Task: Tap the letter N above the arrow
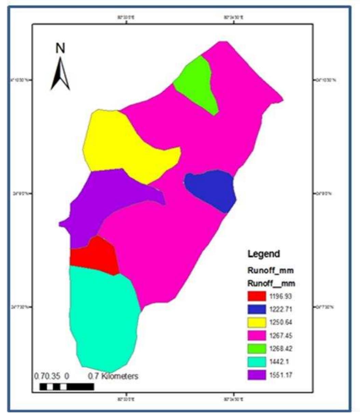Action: [x=60, y=49]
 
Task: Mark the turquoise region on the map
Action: [x=102, y=317]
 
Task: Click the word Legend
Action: [x=263, y=254]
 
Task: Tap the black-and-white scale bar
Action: [x=67, y=387]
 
